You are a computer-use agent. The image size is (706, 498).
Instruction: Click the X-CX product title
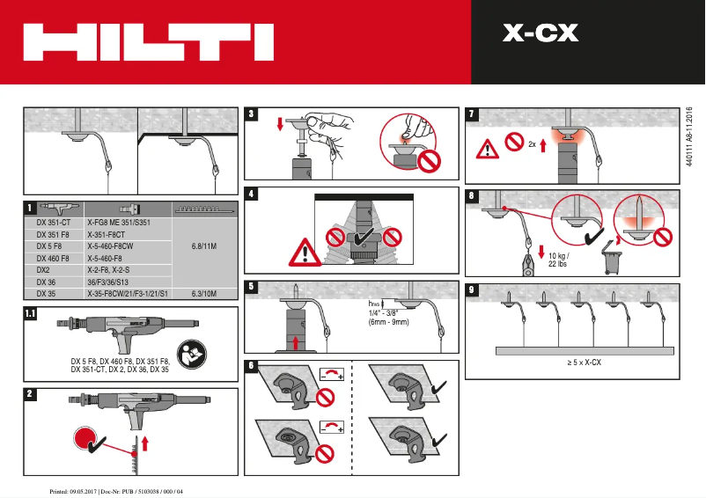(x=540, y=33)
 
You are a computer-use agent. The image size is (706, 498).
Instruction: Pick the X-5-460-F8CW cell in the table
(x=117, y=246)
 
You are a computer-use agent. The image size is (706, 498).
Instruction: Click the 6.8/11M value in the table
(x=203, y=246)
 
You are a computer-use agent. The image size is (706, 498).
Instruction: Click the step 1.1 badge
(x=31, y=313)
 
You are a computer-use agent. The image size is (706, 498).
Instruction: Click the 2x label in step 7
(x=532, y=143)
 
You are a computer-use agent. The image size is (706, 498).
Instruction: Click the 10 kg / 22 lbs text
(x=558, y=259)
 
